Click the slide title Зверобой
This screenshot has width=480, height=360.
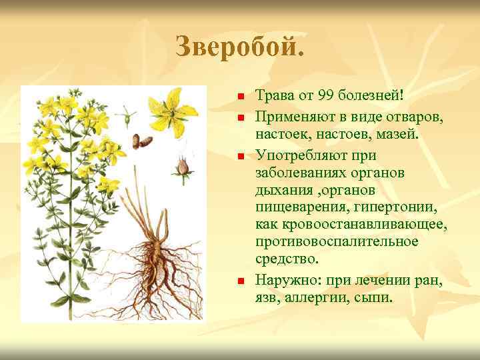coord(239,46)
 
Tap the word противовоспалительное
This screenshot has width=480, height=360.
coord(337,241)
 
